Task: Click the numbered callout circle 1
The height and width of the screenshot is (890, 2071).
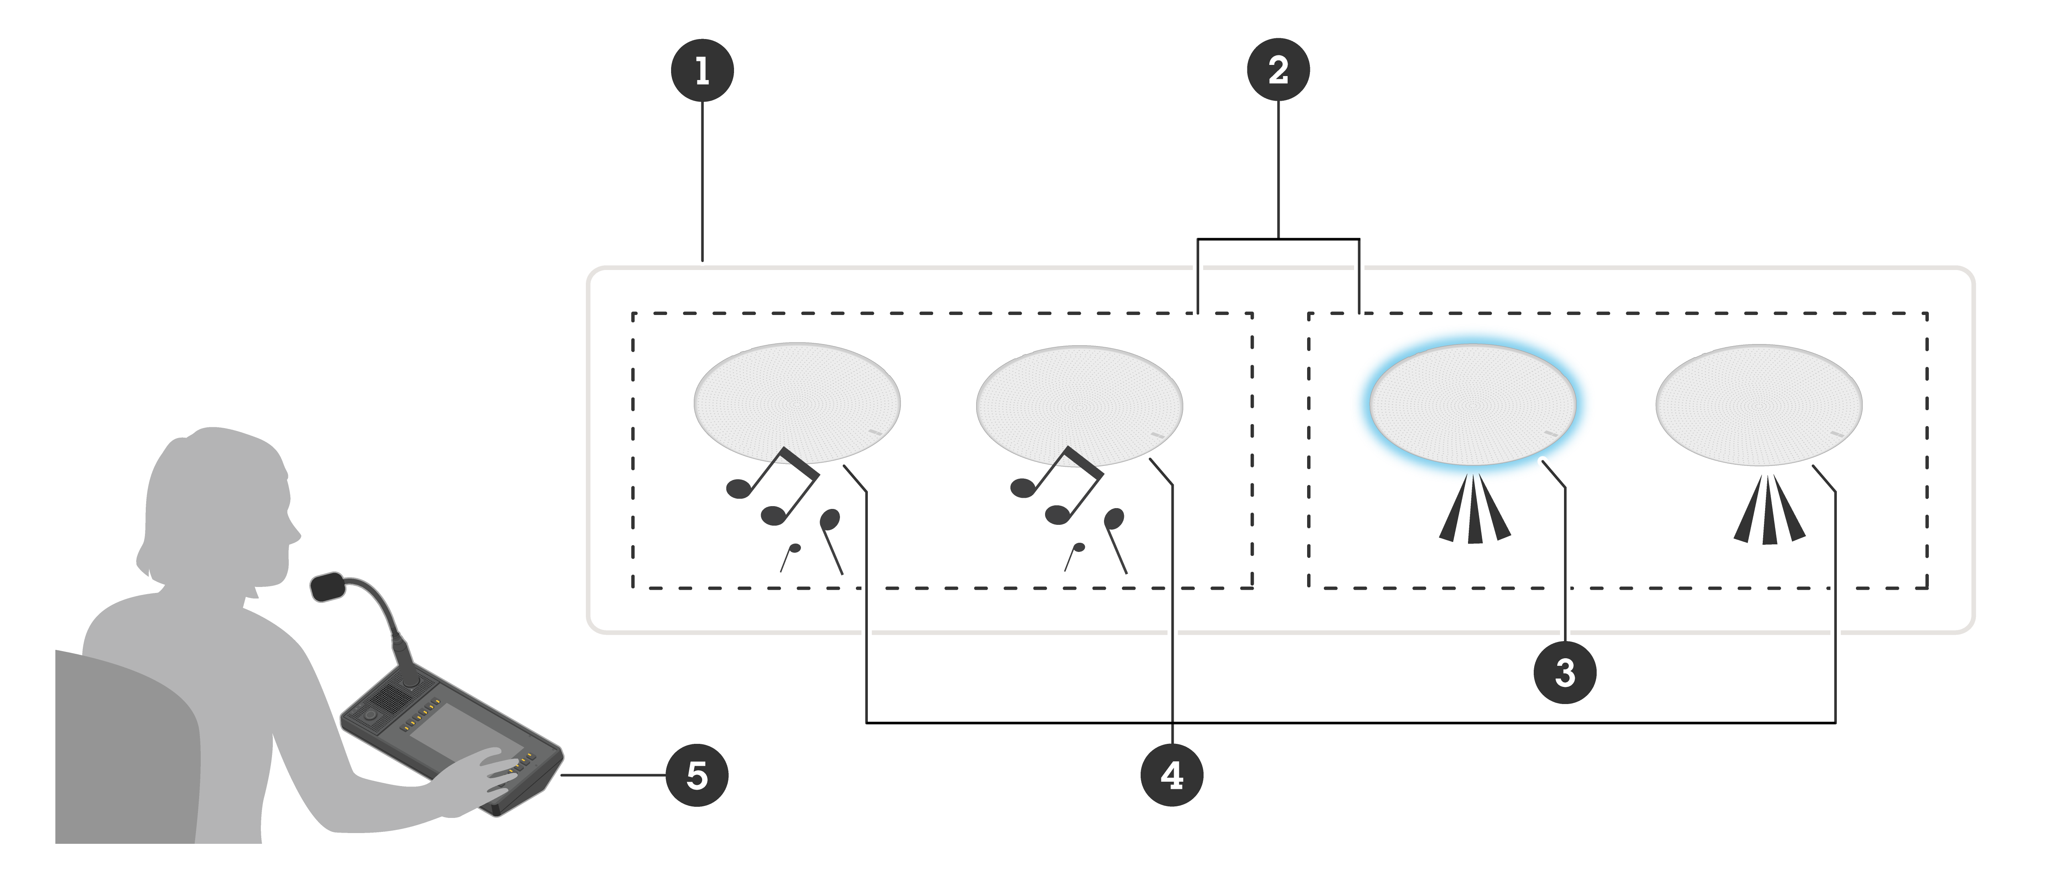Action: [702, 71]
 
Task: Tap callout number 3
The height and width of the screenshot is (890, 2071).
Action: [1564, 672]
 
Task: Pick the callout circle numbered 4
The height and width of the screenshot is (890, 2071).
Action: [1171, 775]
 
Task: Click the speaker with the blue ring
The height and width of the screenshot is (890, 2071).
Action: [1472, 404]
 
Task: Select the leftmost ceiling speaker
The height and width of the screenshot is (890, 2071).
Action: [797, 402]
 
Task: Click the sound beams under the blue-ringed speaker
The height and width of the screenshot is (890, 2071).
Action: [1474, 514]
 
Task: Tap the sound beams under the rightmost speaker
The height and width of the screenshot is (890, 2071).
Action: [1769, 514]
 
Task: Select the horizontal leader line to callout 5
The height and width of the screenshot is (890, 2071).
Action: [611, 775]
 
